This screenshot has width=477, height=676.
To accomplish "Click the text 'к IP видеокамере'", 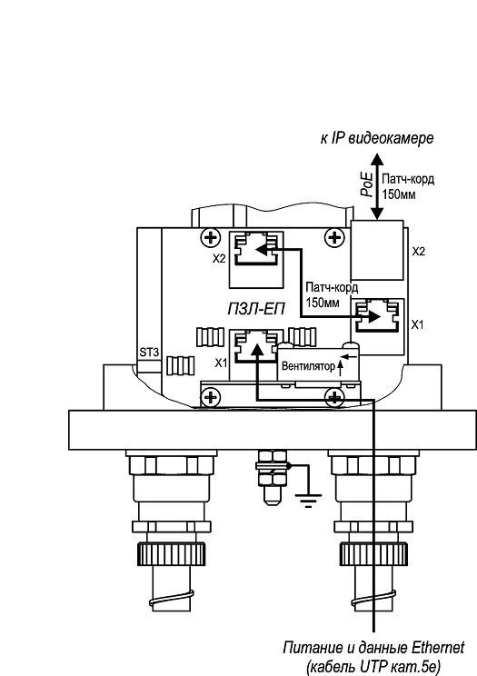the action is (x=376, y=138).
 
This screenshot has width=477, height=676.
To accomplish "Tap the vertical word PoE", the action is (x=367, y=184).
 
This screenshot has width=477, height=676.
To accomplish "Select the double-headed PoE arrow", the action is (x=377, y=186).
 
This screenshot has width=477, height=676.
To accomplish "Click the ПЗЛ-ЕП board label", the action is (x=256, y=309).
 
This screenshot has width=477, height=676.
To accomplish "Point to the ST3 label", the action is (x=149, y=353).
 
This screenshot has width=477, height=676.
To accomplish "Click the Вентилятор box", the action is (x=317, y=364).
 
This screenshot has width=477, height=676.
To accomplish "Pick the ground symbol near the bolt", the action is (x=308, y=500).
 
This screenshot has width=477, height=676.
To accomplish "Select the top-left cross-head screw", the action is (x=210, y=236).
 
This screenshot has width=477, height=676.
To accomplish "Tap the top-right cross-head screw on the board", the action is (x=333, y=236).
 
